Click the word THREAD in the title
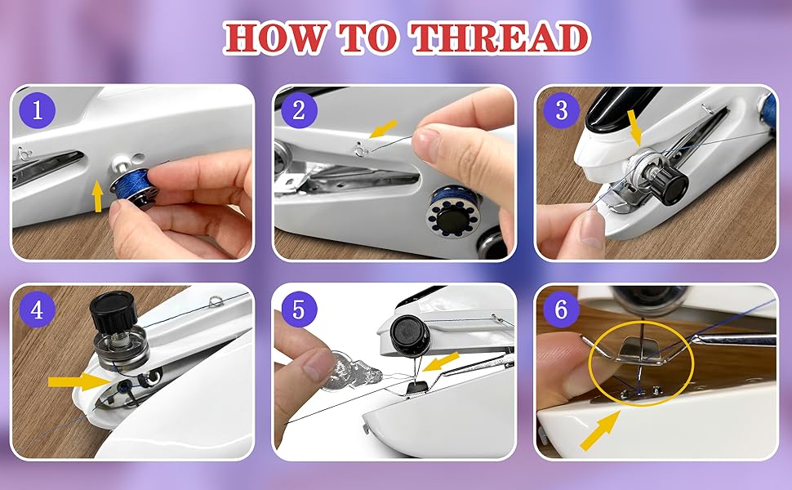pos(499,38)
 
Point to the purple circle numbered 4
pos(37,310)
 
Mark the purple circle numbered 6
pos(561,310)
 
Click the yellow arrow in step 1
pos(98,195)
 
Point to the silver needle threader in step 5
pos(343,364)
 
